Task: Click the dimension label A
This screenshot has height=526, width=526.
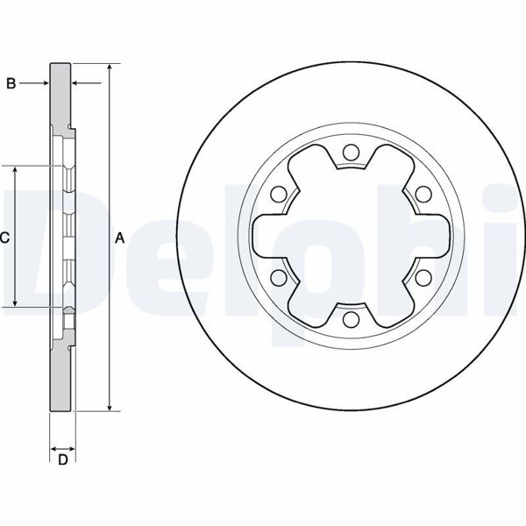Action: point(120,238)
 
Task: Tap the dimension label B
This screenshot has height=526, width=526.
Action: point(11,83)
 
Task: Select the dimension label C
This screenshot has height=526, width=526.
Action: point(4,238)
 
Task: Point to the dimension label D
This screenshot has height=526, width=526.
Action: point(62,460)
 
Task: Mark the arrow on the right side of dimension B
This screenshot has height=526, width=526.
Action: point(78,83)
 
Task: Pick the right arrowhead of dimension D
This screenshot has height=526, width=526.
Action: point(71,445)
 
